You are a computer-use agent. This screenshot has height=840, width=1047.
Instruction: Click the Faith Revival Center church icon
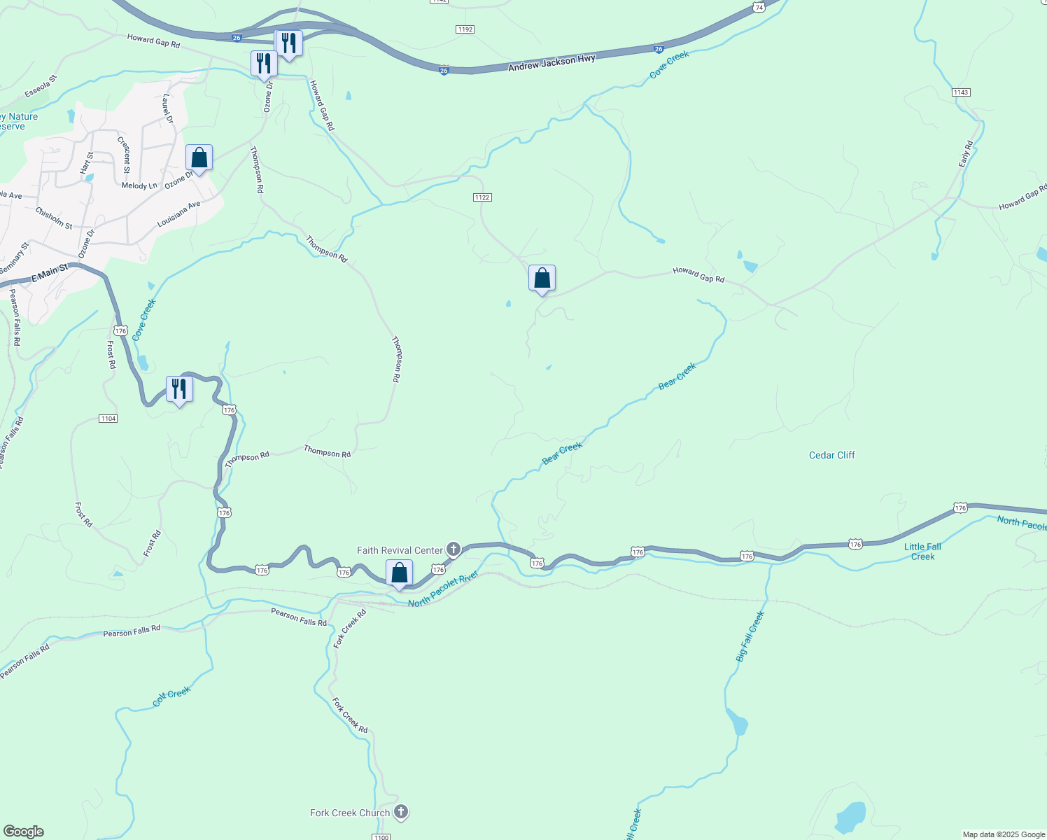click(x=454, y=549)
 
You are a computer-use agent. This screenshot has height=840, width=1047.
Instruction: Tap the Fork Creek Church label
click(x=350, y=813)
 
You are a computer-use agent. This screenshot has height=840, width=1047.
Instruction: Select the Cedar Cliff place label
click(x=831, y=455)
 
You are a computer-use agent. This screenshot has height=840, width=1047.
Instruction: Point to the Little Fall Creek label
click(x=922, y=552)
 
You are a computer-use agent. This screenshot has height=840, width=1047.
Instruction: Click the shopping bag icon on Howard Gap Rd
click(x=542, y=279)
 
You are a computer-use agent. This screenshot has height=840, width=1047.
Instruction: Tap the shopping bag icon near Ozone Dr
click(x=199, y=158)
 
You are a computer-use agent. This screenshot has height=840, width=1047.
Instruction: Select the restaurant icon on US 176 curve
click(x=179, y=389)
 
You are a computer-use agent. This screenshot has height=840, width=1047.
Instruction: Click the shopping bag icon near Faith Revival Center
click(x=399, y=574)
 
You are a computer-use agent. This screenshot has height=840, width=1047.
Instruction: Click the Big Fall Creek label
click(x=750, y=636)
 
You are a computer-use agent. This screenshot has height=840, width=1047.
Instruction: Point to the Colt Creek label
click(x=171, y=696)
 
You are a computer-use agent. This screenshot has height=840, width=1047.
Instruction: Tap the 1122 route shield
click(x=482, y=197)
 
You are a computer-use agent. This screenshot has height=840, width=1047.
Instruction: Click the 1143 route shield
click(x=960, y=92)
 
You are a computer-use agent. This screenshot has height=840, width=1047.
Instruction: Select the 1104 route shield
click(x=108, y=419)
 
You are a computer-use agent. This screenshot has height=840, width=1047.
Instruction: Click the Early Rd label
click(x=966, y=154)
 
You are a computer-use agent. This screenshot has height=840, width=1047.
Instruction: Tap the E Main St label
click(x=50, y=272)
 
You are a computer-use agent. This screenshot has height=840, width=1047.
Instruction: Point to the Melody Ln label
click(x=139, y=185)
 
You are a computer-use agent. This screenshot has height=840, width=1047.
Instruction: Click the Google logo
click(x=23, y=832)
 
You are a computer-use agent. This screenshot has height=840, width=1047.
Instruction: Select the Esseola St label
click(x=41, y=87)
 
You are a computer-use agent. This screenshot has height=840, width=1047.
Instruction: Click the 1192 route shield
click(x=465, y=29)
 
